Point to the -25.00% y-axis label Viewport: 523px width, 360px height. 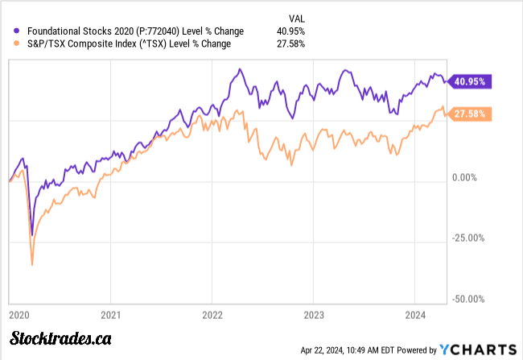pos(467,238)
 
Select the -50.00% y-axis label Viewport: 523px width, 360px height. pos(467,300)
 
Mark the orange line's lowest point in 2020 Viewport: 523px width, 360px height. pos(32,264)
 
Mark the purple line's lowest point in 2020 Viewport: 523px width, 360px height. pos(32,234)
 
